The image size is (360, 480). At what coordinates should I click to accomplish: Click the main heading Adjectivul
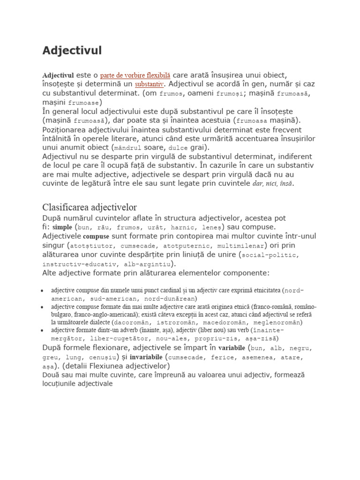72,51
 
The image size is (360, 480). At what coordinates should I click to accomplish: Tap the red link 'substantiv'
150,84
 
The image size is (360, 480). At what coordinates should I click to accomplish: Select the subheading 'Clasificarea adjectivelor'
90,207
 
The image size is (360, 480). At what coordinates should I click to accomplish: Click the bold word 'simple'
62,227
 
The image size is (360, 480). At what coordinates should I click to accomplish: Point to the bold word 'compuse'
96,236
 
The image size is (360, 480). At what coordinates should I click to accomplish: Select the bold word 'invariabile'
146,357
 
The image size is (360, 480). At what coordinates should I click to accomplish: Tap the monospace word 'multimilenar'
241,246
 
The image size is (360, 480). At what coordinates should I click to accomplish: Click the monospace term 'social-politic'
270,255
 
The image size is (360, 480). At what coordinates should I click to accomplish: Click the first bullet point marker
43,290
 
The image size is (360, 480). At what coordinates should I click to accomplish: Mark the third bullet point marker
43,330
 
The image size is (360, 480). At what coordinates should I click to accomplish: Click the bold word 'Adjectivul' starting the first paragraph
58,75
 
